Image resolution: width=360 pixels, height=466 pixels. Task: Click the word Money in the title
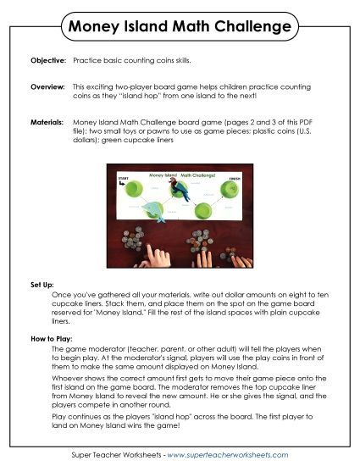coord(99,29)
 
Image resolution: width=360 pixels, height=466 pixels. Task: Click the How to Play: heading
coord(47,339)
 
